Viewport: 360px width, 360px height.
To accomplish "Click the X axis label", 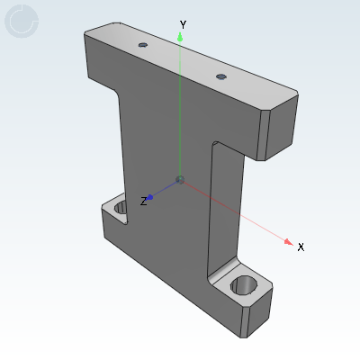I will point(301,247).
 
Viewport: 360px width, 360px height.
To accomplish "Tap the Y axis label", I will point(183,24).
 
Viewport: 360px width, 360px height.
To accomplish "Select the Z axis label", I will point(143,202).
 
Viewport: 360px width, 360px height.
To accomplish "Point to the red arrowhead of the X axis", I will point(287,240).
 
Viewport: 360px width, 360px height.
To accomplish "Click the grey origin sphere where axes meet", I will point(180,180).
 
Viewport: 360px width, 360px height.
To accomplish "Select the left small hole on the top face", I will point(142,43).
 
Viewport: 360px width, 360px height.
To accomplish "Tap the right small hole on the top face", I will point(220,76).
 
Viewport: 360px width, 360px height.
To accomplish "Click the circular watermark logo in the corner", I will point(22,22).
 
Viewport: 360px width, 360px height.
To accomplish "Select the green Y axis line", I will point(181,108).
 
